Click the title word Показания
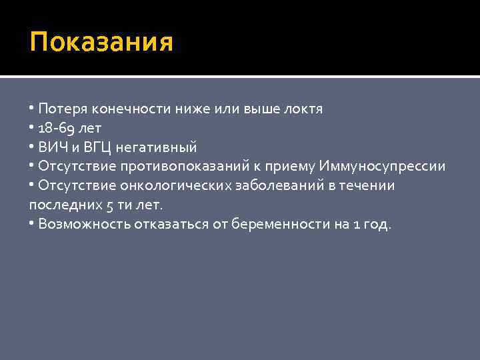coord(101,43)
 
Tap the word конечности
coord(123,109)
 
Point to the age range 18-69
coord(57,128)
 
